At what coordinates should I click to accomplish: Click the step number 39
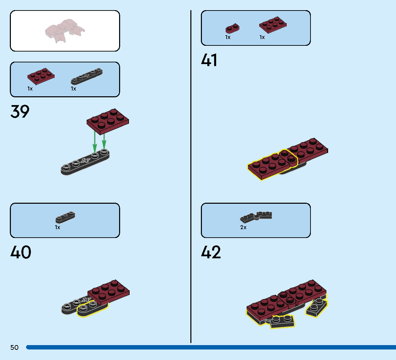click(x=20, y=112)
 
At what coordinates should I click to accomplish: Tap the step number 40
click(x=21, y=252)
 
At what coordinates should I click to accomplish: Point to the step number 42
click(x=211, y=252)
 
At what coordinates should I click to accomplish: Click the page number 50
click(x=14, y=347)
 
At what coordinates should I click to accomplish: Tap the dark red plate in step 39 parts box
click(x=41, y=76)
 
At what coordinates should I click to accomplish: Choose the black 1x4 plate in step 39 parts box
click(x=87, y=76)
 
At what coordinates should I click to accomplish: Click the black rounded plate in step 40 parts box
click(x=65, y=217)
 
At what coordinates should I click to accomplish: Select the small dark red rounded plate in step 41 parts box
click(x=232, y=28)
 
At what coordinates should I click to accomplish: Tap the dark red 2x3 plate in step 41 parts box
click(x=273, y=25)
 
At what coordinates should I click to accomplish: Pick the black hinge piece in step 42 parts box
click(x=256, y=217)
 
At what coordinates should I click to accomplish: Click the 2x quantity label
click(x=243, y=227)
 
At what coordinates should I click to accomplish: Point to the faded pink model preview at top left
click(x=65, y=31)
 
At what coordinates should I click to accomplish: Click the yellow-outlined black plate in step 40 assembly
click(x=92, y=308)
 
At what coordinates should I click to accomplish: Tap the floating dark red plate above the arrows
click(x=108, y=121)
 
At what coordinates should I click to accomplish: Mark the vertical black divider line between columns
click(x=191, y=177)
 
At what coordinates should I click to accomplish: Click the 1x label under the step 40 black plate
click(x=58, y=227)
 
